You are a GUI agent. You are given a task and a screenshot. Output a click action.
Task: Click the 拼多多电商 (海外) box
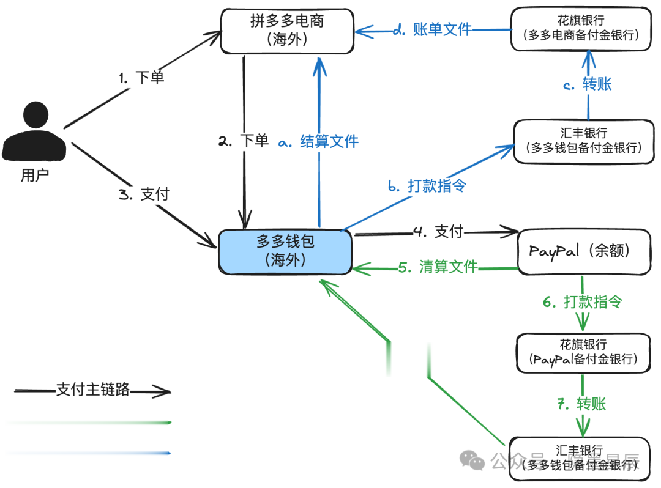click(x=286, y=31)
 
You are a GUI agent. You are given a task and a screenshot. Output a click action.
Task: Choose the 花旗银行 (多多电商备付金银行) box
click(x=581, y=28)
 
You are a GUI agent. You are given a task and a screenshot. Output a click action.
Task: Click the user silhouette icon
click(x=34, y=132)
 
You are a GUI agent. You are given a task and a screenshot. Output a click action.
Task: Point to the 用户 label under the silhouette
click(x=34, y=176)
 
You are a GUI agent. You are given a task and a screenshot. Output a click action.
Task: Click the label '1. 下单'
click(x=141, y=78)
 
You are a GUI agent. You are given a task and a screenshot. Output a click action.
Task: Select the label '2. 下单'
click(x=244, y=141)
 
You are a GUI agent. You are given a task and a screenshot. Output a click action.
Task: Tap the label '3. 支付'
click(x=143, y=194)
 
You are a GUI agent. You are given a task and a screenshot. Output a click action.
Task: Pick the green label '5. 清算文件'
click(x=438, y=267)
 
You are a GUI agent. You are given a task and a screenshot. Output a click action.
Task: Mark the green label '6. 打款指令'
click(x=582, y=301)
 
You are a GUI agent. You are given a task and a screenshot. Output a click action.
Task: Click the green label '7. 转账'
click(x=582, y=404)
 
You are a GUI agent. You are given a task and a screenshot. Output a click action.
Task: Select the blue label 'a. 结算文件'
click(x=318, y=142)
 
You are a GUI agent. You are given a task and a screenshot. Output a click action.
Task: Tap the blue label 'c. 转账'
click(x=588, y=84)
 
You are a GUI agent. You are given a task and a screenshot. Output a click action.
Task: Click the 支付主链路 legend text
click(x=93, y=390)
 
